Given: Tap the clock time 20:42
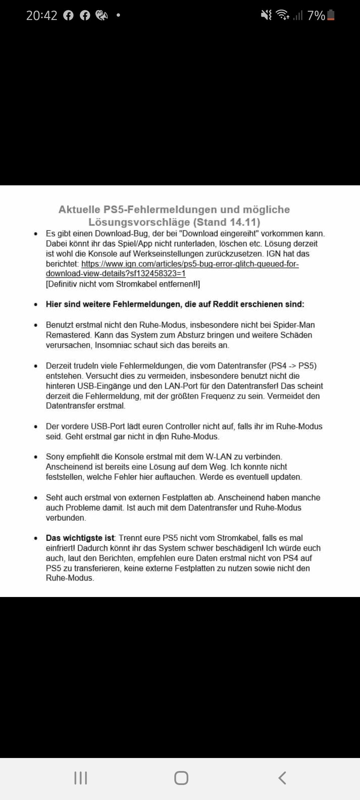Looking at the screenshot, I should tap(42, 15).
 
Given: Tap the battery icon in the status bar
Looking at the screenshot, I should tap(331, 15).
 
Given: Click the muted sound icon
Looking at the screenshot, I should tap(266, 15).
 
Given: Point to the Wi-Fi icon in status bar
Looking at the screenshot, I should tap(283, 15).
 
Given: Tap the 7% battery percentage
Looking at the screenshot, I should tap(316, 15).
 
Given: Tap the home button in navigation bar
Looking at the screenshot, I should tap(181, 778).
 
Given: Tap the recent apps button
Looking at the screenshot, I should tap(80, 778).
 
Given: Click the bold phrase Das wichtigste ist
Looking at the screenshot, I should tap(80, 538).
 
